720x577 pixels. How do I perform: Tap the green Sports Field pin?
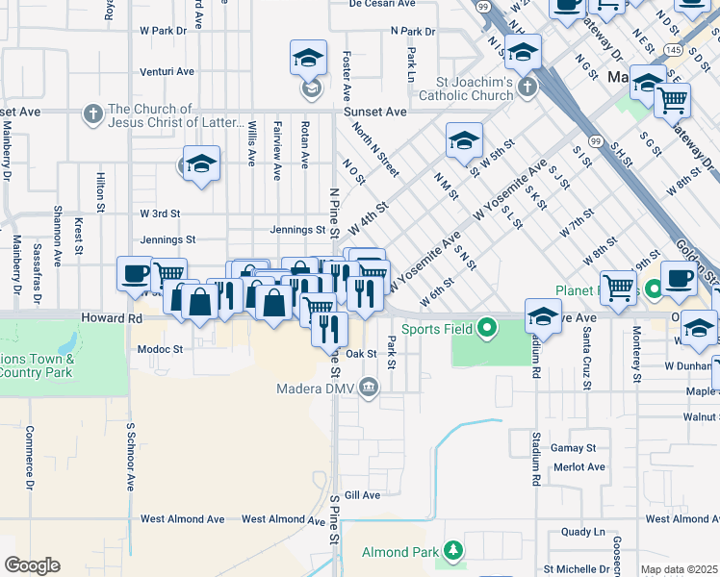click(487, 329)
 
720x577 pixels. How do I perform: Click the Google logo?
click(32, 565)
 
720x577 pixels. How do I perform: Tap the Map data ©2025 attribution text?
click(680, 569)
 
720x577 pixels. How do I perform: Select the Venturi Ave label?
click(167, 71)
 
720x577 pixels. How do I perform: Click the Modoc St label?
click(160, 349)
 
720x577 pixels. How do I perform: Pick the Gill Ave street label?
click(363, 495)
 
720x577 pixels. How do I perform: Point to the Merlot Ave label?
click(579, 467)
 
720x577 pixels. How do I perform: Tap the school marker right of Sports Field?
click(544, 316)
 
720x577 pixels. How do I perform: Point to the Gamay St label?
click(576, 448)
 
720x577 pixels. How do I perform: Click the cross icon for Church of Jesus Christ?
click(93, 114)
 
